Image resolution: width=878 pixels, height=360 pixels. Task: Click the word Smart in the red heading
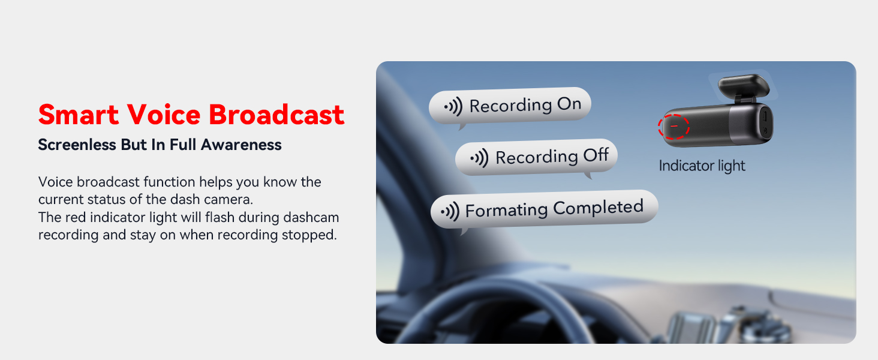pyautogui.click(x=79, y=115)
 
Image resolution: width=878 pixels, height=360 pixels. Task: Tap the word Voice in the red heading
pyautogui.click(x=164, y=115)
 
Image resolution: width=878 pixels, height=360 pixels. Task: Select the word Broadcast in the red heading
pyautogui.click(x=276, y=115)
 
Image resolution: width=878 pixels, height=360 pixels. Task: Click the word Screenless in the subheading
pyautogui.click(x=77, y=145)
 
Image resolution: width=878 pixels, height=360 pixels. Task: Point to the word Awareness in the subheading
pyautogui.click(x=241, y=145)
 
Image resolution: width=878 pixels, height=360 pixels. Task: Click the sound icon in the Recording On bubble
pyautogui.click(x=453, y=106)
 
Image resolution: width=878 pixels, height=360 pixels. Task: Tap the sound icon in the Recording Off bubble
pyautogui.click(x=479, y=158)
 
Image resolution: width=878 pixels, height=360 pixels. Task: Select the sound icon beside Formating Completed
pyautogui.click(x=450, y=212)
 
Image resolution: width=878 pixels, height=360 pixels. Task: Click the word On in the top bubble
pyautogui.click(x=569, y=104)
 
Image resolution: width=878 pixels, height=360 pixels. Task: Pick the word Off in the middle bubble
pyautogui.click(x=596, y=155)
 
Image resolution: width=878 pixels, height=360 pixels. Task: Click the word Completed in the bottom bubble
pyautogui.click(x=599, y=208)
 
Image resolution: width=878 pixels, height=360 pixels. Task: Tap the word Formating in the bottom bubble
pyautogui.click(x=506, y=211)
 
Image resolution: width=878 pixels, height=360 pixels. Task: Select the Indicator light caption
pyautogui.click(x=702, y=166)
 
